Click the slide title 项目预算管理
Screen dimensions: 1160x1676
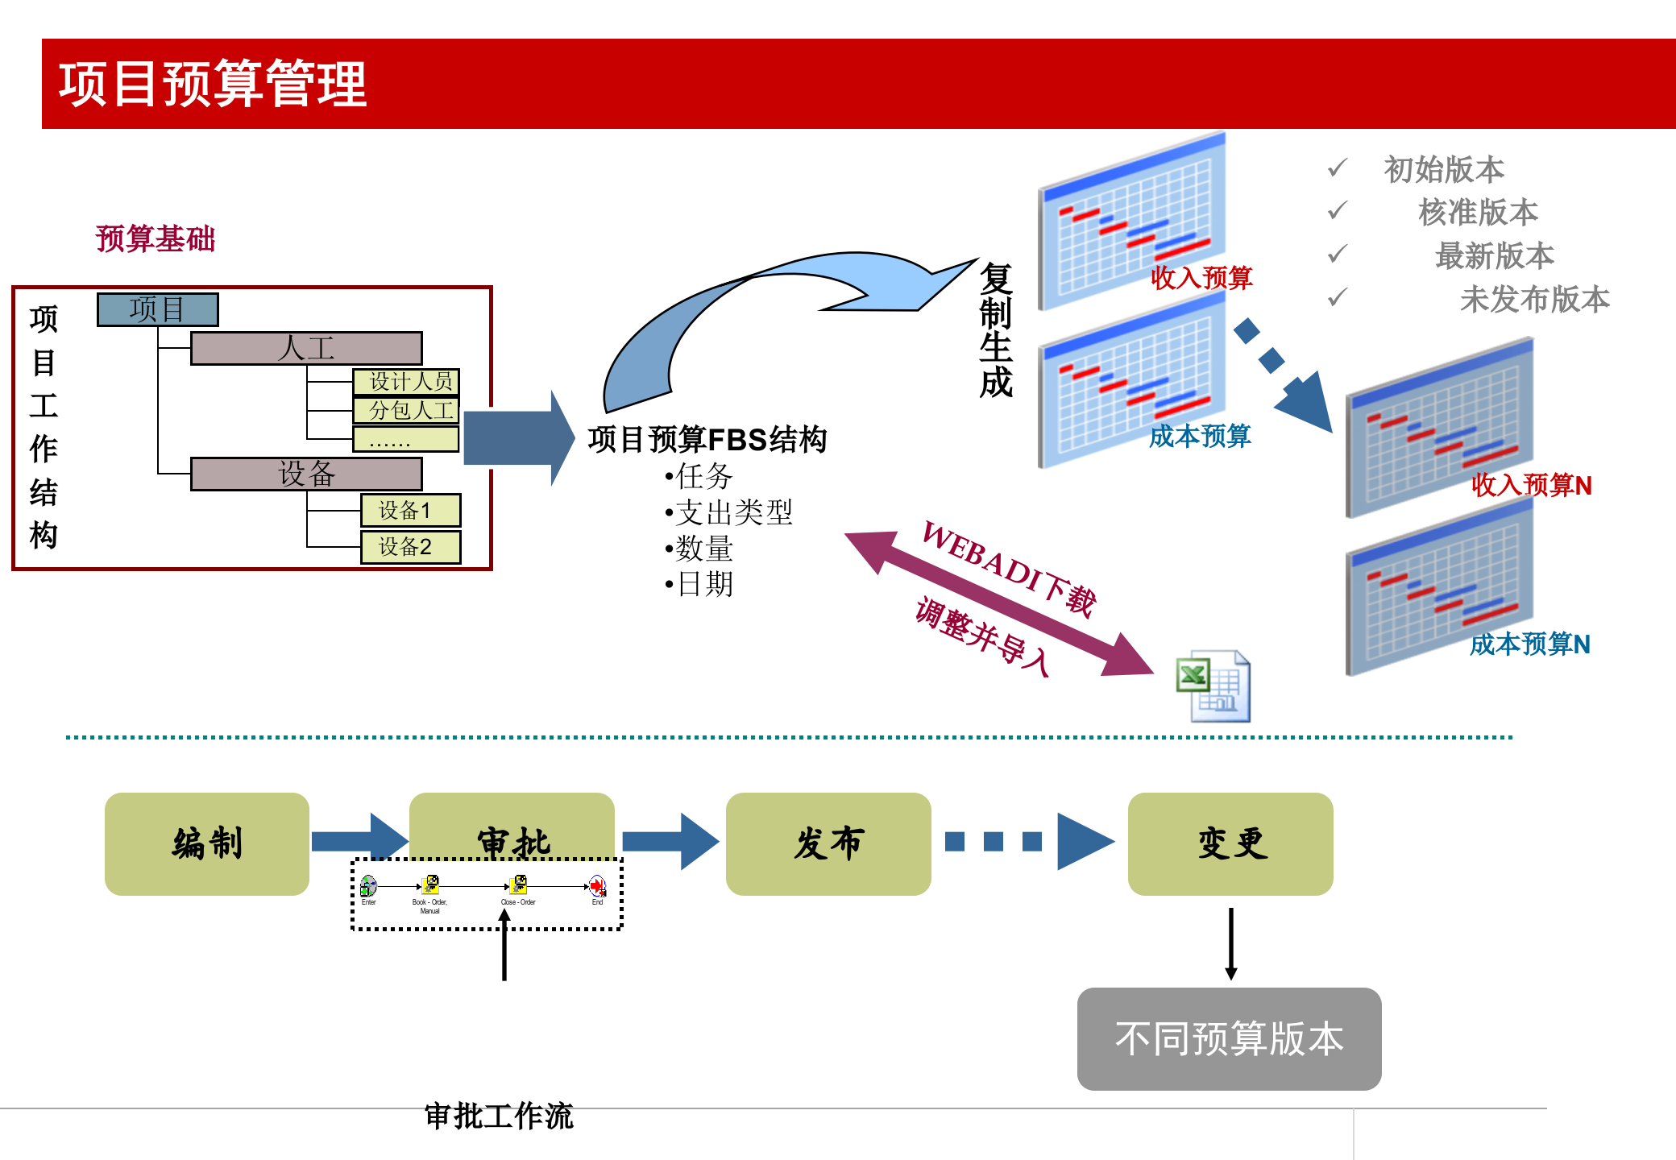pos(213,84)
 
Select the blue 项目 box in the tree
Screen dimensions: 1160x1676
pos(157,309)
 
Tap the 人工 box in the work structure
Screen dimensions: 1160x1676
pos(306,349)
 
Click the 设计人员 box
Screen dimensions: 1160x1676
pos(406,381)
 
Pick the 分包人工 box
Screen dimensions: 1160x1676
pos(406,411)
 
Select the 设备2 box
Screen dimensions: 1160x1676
pos(410,547)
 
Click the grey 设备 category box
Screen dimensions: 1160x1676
pos(306,474)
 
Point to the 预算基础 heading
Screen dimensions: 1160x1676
pos(156,239)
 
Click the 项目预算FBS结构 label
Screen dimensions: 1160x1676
pos(707,440)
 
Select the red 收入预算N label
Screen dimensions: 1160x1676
pos(1531,485)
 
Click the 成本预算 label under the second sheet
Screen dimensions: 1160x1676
pos(1199,436)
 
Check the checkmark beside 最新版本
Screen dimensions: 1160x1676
pos(1338,254)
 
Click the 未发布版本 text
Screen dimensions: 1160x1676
pos(1534,300)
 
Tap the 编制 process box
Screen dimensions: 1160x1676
pos(207,843)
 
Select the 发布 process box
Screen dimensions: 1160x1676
pos(828,843)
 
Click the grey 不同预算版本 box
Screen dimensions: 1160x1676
pos(1229,1038)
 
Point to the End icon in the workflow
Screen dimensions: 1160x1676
pos(597,887)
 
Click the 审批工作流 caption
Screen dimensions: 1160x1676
pos(498,1116)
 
